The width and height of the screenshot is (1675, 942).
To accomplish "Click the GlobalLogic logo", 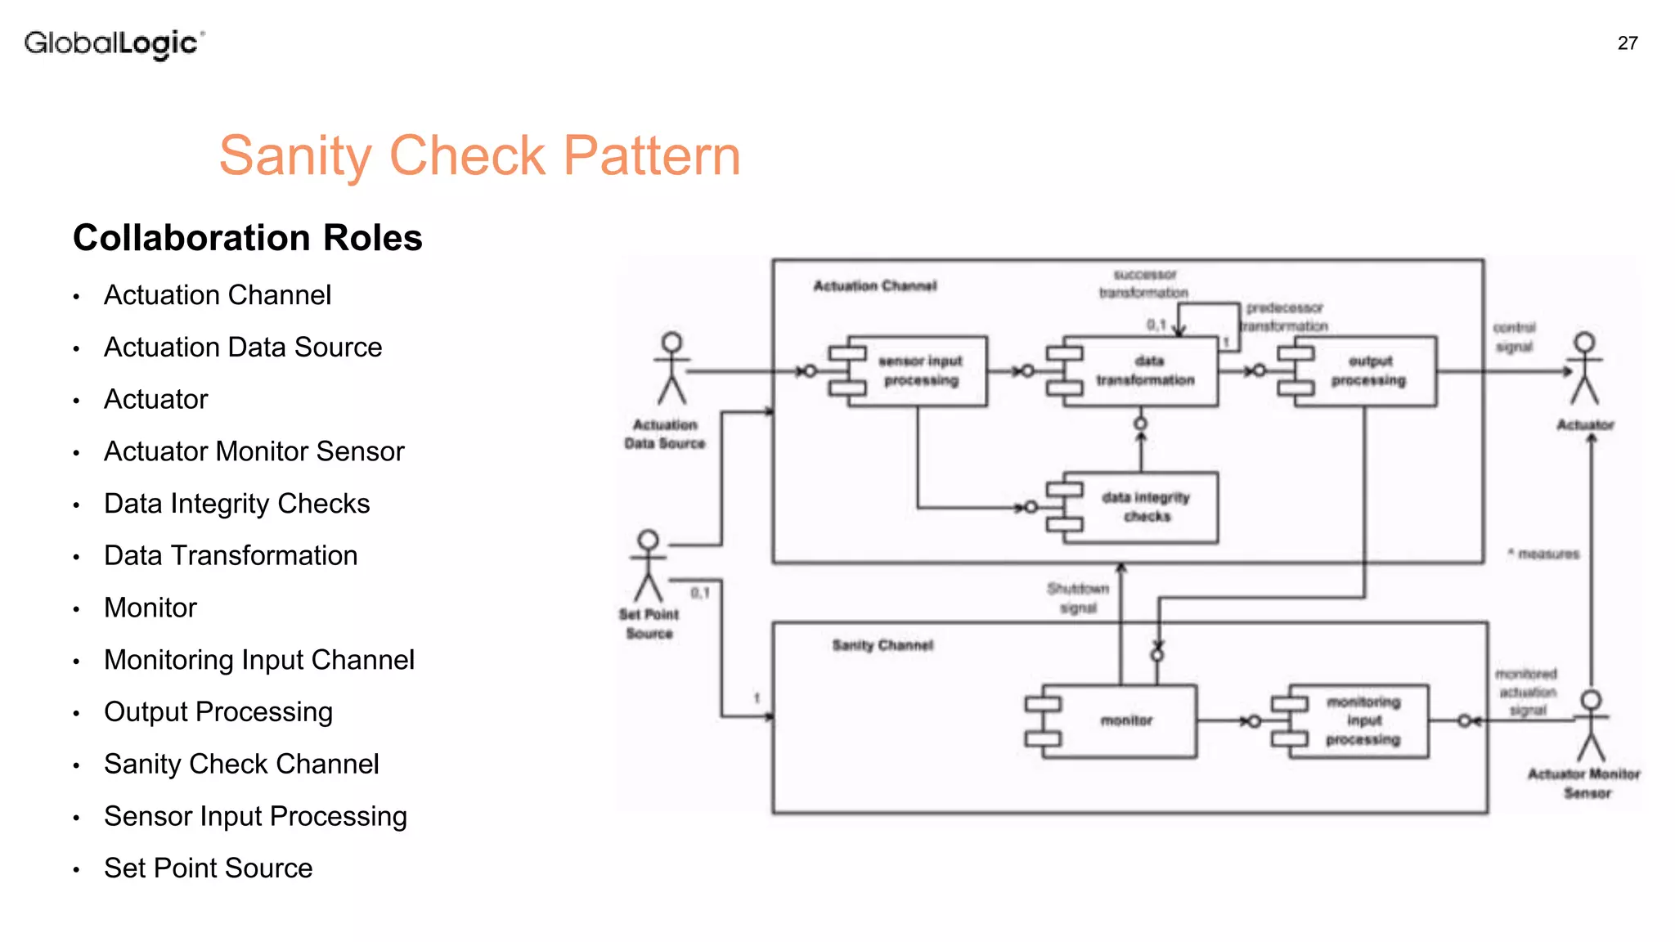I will click(x=114, y=43).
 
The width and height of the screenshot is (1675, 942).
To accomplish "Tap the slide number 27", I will click(x=1627, y=43).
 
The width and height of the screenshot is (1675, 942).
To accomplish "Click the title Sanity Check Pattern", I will click(x=479, y=155).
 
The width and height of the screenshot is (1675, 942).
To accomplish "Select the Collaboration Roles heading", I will click(x=247, y=238).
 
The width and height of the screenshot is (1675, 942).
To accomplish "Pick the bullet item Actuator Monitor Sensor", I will click(x=254, y=451).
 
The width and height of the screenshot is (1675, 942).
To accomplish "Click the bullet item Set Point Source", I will click(x=208, y=868).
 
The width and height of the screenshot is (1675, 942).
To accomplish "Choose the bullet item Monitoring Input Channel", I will click(x=259, y=660).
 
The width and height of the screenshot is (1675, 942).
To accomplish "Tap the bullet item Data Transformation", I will click(x=231, y=556).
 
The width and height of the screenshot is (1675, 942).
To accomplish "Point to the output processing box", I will click(x=1367, y=371).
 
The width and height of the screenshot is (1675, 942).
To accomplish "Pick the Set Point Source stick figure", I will click(x=649, y=566).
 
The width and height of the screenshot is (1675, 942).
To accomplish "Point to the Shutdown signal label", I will click(x=1077, y=599).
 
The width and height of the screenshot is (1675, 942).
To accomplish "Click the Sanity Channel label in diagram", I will click(x=882, y=645).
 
